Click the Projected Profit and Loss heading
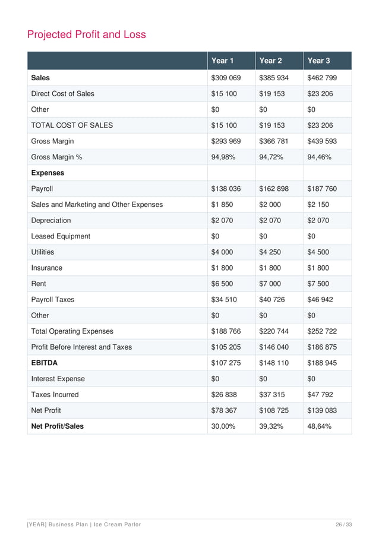tap(86, 34)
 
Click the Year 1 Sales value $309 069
tap(226, 78)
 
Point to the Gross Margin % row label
tap(56, 157)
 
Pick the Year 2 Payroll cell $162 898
tap(274, 189)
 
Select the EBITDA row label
tap(45, 363)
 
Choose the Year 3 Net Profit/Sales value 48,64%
tap(319, 426)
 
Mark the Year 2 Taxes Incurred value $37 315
tap(272, 394)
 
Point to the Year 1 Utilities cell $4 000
tap(222, 252)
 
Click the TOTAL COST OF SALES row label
tap(72, 125)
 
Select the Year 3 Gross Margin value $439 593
tap(322, 142)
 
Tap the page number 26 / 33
tap(343, 523)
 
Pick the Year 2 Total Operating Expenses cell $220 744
tap(274, 331)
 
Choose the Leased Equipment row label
tap(61, 236)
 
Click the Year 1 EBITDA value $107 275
tap(226, 363)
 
